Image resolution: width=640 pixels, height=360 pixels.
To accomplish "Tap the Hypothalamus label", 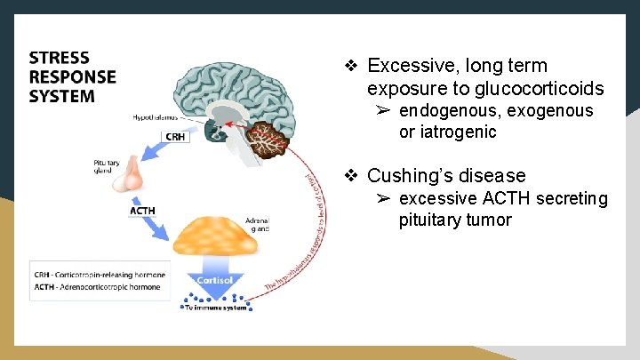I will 156,116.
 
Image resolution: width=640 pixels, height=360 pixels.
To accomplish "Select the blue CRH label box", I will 175,136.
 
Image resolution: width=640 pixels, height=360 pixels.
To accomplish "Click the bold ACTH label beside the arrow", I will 142,211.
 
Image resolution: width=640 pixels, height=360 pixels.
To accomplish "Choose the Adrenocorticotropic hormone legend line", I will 96,287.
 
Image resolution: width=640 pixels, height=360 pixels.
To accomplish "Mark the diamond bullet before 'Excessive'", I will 351,66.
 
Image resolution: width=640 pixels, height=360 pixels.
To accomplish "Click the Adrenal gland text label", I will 256,224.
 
